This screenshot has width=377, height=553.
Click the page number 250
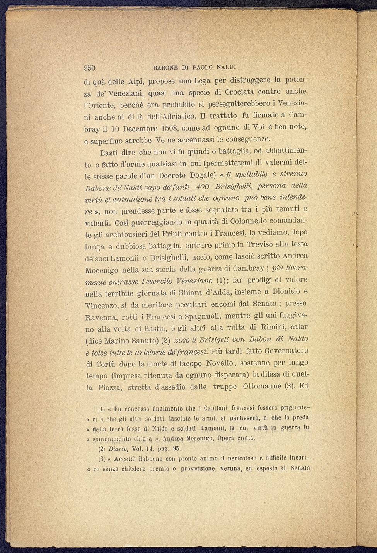pos(89,68)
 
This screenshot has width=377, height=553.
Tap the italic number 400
pos(202,187)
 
